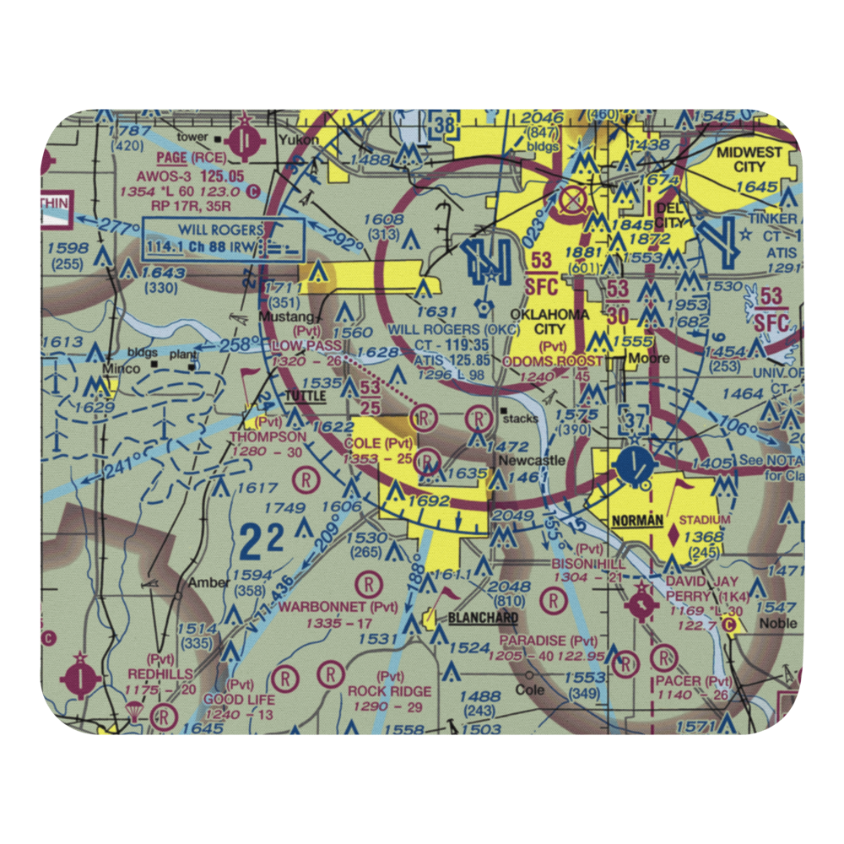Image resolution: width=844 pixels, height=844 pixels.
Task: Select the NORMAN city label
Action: (637, 521)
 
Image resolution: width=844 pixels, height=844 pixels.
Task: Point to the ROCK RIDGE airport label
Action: (390, 691)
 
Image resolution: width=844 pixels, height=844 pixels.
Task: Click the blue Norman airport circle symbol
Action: (635, 463)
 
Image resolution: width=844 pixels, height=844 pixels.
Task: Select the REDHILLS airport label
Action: (160, 674)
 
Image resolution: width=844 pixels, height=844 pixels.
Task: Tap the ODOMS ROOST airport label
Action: (554, 361)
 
